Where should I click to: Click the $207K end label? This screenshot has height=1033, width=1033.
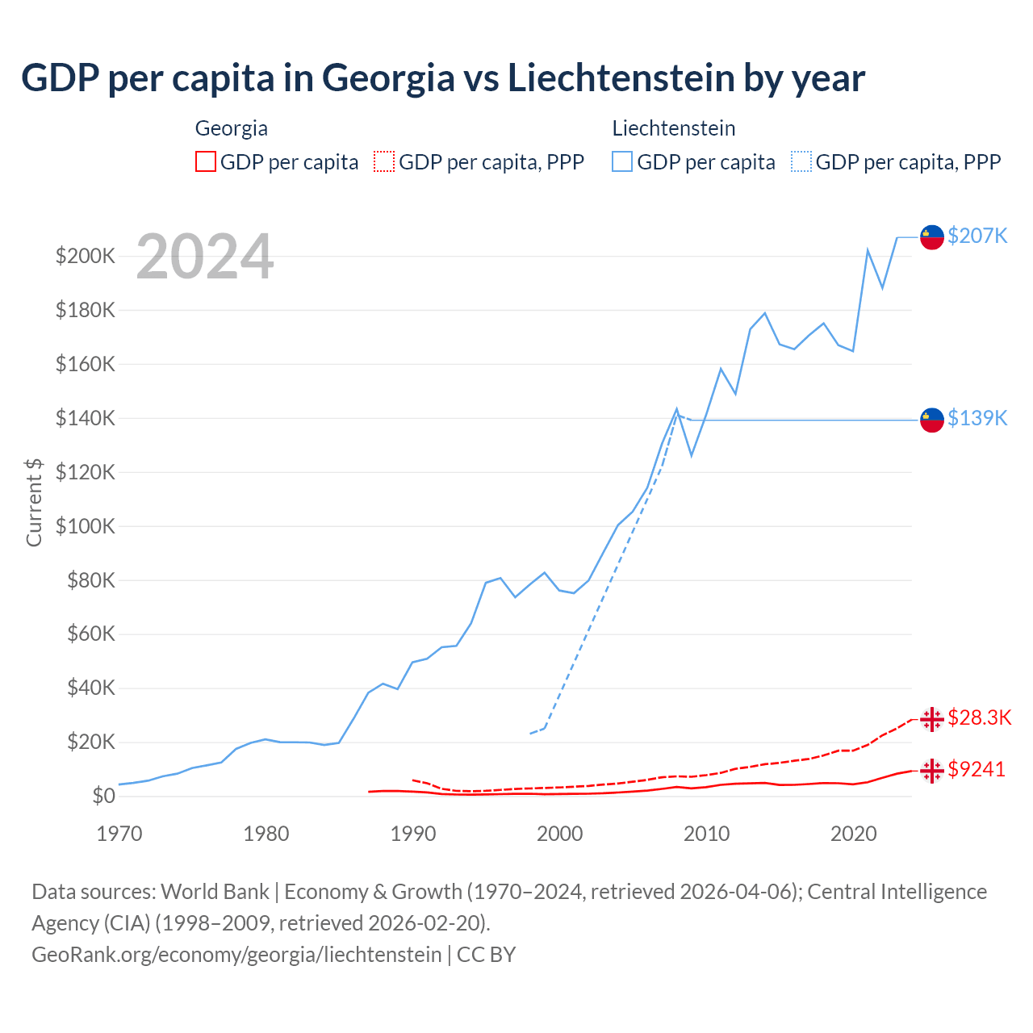977,236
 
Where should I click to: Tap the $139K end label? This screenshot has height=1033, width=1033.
977,418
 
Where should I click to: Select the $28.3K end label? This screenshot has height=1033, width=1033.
979,717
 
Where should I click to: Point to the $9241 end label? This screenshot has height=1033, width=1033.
977,769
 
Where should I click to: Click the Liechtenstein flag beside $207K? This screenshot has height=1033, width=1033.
932,237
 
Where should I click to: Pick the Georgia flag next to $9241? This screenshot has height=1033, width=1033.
932,771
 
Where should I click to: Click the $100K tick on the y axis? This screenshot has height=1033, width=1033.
86,526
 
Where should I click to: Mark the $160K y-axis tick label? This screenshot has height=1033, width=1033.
86,364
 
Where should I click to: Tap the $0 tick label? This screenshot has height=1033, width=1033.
103,796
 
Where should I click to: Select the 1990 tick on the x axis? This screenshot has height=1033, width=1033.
412,834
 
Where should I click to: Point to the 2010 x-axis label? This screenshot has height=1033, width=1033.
706,834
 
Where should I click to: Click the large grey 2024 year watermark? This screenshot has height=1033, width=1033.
205,257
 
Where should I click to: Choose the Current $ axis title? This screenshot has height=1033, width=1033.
34,502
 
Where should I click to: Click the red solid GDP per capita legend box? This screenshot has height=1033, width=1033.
206,161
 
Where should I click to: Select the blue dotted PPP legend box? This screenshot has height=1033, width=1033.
801,161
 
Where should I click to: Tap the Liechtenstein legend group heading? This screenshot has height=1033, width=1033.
673,128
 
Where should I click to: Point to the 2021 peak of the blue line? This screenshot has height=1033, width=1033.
868,250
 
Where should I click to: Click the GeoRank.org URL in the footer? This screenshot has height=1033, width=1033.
236,954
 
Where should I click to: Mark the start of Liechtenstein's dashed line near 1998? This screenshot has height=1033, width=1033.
530,734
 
